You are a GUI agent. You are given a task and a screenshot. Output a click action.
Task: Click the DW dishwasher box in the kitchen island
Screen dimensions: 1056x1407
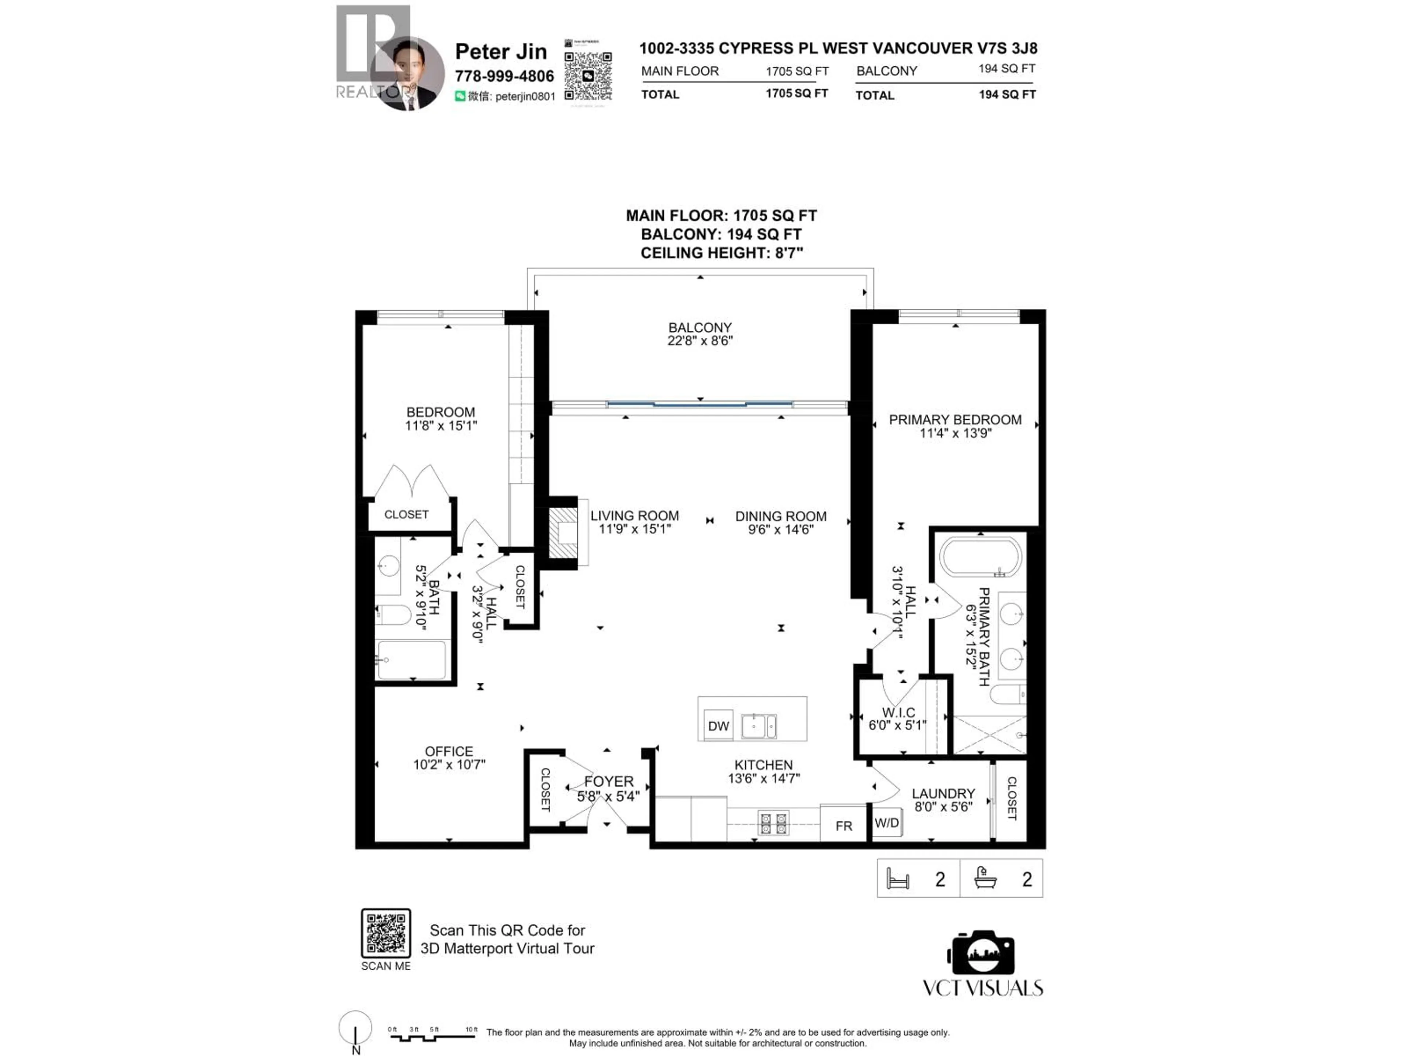coord(718,726)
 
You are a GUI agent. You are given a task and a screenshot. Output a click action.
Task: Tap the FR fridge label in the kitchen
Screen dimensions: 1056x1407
coord(843,826)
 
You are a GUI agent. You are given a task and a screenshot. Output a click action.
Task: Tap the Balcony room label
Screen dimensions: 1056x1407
coord(700,327)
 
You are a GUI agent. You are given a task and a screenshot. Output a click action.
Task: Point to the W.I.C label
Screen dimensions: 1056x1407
coord(898,712)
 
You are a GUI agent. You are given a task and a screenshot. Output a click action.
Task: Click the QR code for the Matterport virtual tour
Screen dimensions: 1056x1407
coord(385,933)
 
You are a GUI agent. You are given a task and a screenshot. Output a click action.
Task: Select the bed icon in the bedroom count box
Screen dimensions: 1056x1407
coord(898,879)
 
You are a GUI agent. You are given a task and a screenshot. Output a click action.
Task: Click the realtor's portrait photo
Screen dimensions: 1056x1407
coord(407,73)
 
